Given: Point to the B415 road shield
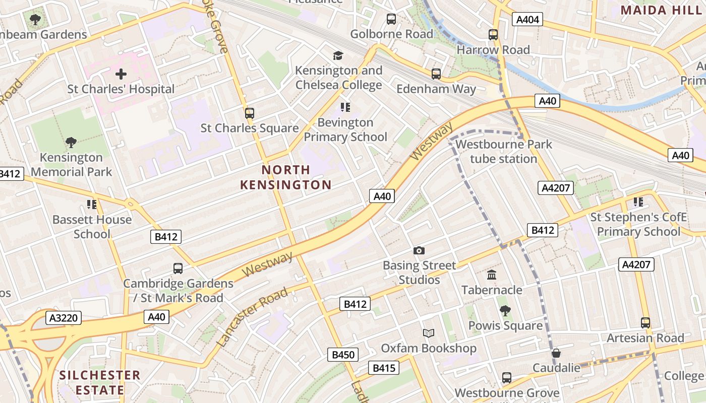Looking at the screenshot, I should coord(384,368).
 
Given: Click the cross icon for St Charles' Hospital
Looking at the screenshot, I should coord(121,75).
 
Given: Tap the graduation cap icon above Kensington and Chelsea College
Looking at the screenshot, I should coord(338,55).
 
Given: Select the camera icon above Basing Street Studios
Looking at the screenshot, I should coord(419,250).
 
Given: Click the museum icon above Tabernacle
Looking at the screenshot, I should coord(492,275).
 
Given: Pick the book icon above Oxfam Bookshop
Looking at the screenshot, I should coord(428,333).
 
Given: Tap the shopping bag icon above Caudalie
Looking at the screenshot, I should coord(556,353).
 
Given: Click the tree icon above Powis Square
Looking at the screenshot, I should coord(505,310).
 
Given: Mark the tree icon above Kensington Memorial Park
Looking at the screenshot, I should coord(71,143).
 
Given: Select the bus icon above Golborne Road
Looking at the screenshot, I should coord(391,19).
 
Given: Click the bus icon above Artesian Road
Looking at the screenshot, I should coord(645,323).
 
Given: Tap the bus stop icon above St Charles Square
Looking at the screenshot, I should coord(250,113).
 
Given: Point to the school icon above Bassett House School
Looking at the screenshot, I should coord(92,204).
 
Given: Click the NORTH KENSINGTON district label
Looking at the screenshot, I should coord(285,177).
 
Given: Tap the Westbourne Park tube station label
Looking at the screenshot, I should coord(503,152).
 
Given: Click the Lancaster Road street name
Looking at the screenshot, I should coord(254,317).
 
